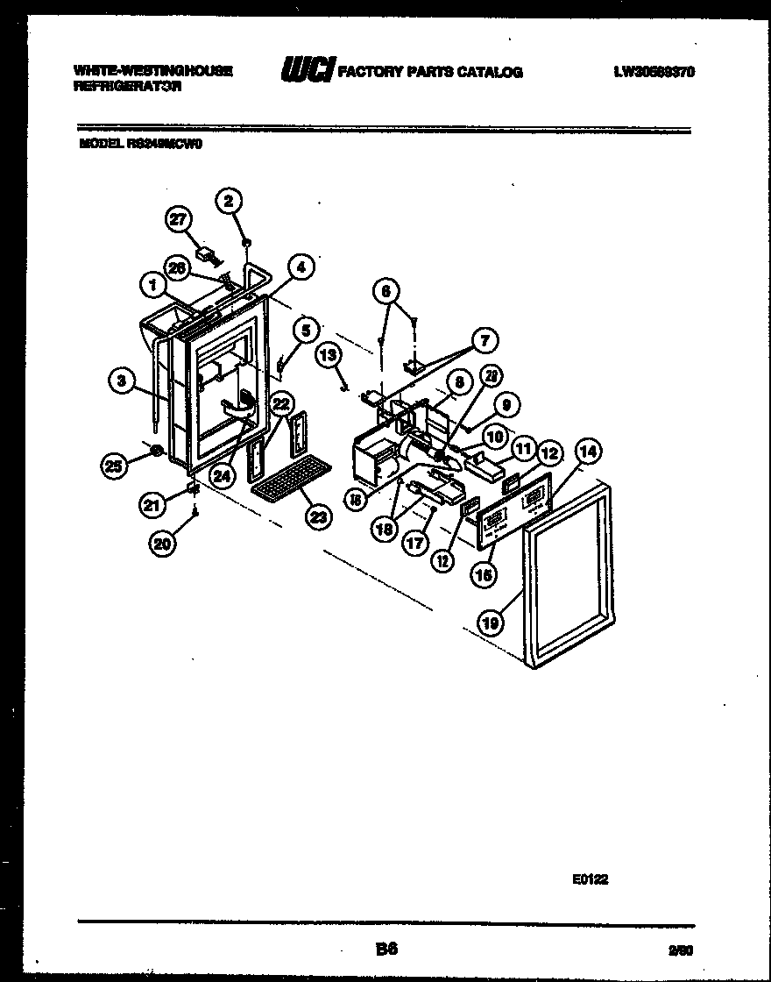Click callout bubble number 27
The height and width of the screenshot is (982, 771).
(x=179, y=221)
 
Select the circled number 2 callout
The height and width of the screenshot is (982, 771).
(x=229, y=202)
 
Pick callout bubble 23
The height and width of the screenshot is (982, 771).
(x=317, y=517)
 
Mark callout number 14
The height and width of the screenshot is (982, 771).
(x=588, y=452)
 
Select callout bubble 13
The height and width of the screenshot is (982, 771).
(x=328, y=354)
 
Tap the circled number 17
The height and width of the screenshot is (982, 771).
(x=415, y=543)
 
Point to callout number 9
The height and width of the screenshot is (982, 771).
(x=506, y=404)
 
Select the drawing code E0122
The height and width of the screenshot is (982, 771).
(x=591, y=880)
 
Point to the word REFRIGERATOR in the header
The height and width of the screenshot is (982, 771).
(x=127, y=88)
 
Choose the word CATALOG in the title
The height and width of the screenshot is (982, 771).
(x=490, y=73)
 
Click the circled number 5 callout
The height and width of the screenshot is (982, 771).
(x=305, y=331)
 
